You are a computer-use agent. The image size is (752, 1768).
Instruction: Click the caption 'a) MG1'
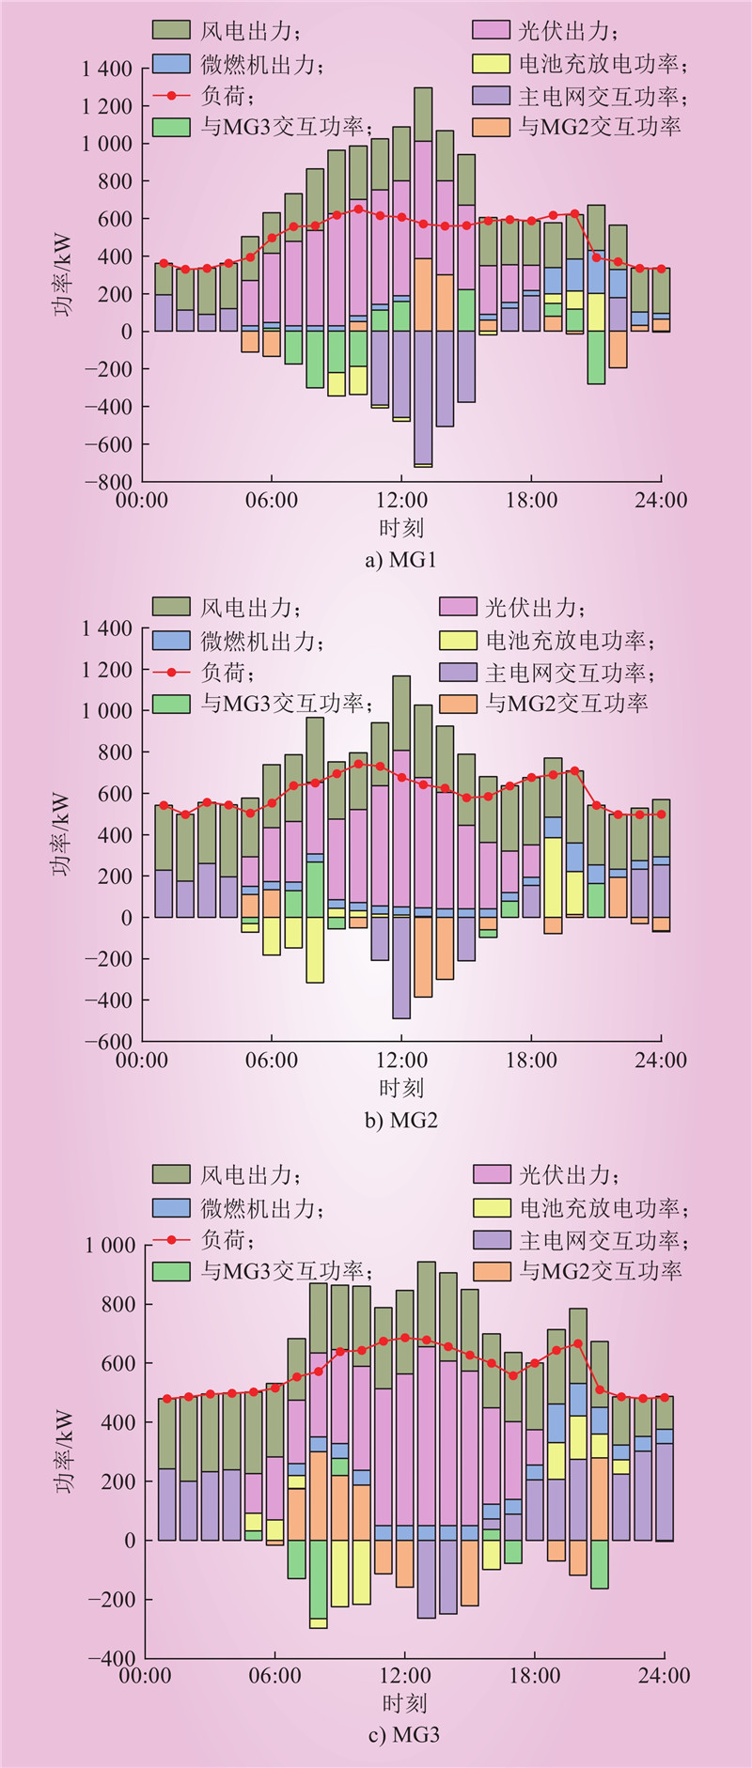(400, 561)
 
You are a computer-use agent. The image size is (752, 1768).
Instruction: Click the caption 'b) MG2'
(400, 1121)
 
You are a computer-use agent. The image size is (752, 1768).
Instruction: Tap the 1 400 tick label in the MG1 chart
(107, 69)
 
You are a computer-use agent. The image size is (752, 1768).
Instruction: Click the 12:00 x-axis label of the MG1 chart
(401, 501)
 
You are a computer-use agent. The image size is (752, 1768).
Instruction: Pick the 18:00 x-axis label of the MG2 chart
(531, 1061)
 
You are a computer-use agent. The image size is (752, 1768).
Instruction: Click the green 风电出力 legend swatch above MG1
(171, 30)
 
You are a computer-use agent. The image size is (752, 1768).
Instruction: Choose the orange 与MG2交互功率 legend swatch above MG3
(492, 1271)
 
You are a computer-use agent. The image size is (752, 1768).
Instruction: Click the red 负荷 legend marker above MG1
(171, 95)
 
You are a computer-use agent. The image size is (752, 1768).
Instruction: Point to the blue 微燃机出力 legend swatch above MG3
(171, 1208)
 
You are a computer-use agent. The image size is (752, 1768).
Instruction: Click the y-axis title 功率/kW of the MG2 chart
(63, 834)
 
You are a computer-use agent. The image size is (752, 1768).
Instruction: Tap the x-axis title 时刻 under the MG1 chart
(401, 528)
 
